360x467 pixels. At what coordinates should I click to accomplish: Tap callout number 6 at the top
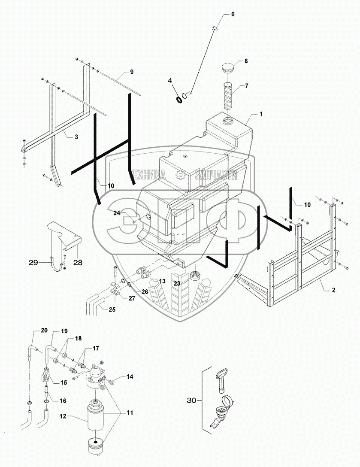pyautogui.click(x=233, y=14)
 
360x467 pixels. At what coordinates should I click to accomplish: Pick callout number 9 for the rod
pyautogui.click(x=132, y=71)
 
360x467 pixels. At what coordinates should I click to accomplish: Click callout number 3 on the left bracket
pyautogui.click(x=76, y=136)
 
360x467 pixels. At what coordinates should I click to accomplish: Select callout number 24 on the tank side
pyautogui.click(x=117, y=213)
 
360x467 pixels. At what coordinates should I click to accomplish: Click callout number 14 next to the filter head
pyautogui.click(x=130, y=377)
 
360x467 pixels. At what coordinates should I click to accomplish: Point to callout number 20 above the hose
pyautogui.click(x=44, y=331)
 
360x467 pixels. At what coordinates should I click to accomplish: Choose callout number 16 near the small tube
pyautogui.click(x=63, y=400)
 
